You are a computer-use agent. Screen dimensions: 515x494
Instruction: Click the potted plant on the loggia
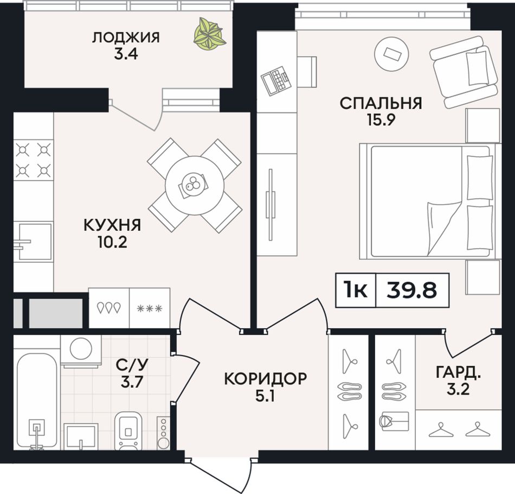[210, 34]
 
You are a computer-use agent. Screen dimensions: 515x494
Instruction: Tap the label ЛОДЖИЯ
[126, 38]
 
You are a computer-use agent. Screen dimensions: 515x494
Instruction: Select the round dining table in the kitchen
[195, 186]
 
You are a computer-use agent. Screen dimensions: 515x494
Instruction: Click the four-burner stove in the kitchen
[33, 160]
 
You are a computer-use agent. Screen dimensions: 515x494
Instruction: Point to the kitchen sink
[33, 242]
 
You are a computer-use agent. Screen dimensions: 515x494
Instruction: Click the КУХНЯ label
[112, 225]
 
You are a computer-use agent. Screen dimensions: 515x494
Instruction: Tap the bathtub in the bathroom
[36, 401]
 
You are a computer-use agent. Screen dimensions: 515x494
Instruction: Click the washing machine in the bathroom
[81, 351]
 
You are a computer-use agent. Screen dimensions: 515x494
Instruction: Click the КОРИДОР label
[266, 379]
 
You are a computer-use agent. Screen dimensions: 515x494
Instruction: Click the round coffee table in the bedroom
[391, 53]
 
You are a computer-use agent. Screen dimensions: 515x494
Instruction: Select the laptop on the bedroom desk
[276, 80]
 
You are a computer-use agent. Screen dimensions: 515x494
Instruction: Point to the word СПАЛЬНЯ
[381, 103]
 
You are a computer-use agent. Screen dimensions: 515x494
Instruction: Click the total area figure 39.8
[412, 290]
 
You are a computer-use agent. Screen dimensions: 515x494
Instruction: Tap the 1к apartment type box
[356, 290]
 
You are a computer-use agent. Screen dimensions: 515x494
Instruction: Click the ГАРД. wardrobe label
[458, 372]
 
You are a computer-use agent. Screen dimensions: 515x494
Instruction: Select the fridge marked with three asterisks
[150, 308]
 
